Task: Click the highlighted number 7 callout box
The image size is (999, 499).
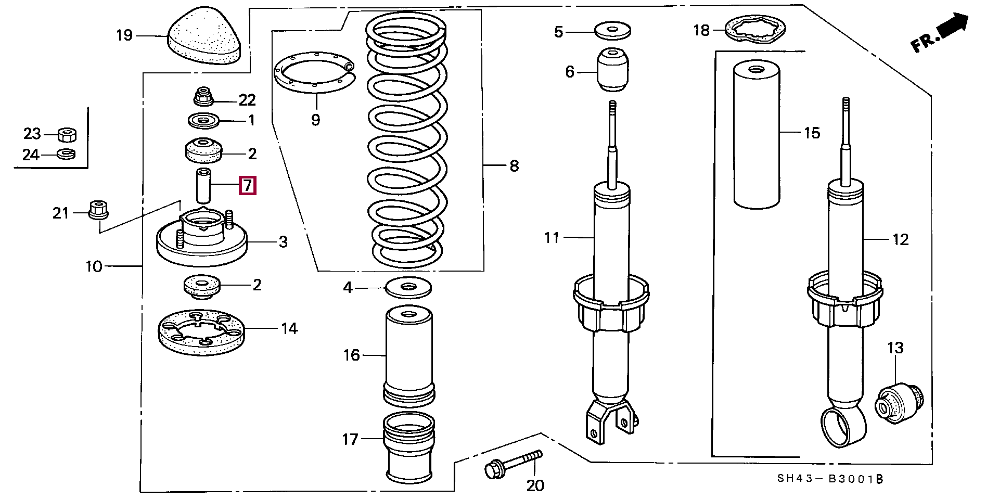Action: (247, 185)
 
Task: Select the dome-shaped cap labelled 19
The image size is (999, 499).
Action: (205, 36)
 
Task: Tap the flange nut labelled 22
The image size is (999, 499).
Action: (203, 96)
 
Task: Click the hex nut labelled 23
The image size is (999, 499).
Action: (67, 135)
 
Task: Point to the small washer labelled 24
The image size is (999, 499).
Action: (66, 154)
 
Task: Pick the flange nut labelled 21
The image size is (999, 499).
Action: (99, 209)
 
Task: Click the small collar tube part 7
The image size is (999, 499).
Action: (203, 186)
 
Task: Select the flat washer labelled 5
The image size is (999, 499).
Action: (612, 30)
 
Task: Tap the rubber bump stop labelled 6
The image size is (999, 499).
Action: (612, 70)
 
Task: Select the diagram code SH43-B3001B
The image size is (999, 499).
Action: (830, 479)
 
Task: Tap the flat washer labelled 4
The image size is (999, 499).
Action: (408, 288)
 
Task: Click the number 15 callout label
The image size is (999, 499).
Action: (812, 133)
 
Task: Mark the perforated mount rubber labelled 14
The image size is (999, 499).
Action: (201, 332)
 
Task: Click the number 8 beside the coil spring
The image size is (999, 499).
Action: (514, 166)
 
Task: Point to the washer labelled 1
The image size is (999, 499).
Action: (203, 121)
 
